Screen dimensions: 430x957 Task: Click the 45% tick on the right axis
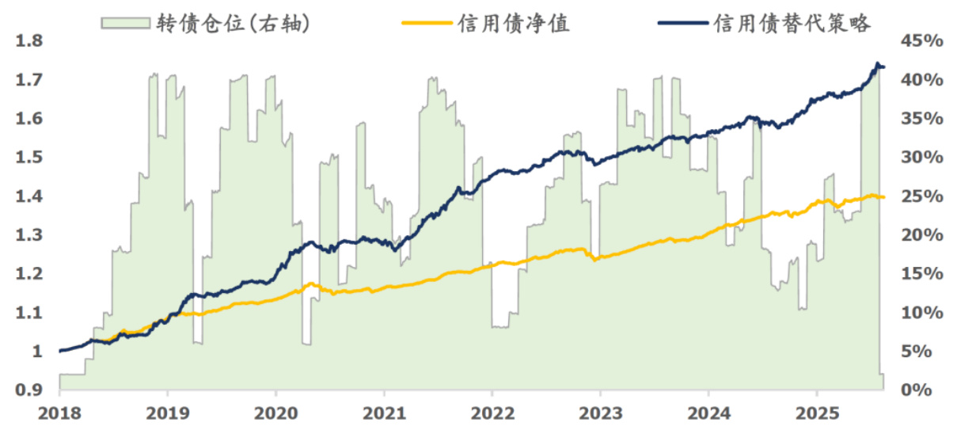922,41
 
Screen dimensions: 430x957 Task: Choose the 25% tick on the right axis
922,196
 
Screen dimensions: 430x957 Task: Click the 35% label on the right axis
922,119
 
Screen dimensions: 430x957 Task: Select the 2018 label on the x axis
59,413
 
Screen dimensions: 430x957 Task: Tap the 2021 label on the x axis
384,413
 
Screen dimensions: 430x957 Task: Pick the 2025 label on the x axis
816,413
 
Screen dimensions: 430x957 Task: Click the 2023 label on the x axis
600,413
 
